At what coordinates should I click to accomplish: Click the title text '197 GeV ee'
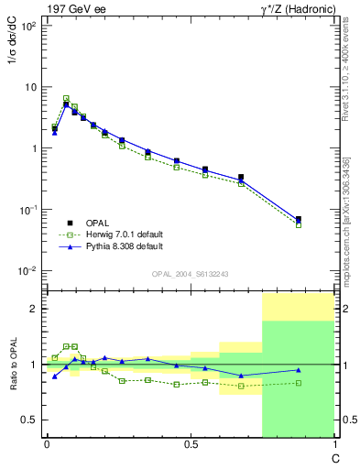(x=72, y=8)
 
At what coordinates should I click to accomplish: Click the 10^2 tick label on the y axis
(x=27, y=26)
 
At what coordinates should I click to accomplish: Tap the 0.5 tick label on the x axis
(x=190, y=444)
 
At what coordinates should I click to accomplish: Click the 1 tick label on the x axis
(x=333, y=444)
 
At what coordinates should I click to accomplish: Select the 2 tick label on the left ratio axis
(x=33, y=310)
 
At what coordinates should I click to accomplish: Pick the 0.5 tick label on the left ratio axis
(x=30, y=420)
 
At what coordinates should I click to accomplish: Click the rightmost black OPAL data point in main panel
(x=299, y=219)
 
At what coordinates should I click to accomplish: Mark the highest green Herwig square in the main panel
(x=66, y=98)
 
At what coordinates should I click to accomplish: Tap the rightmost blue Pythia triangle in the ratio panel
(x=299, y=370)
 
